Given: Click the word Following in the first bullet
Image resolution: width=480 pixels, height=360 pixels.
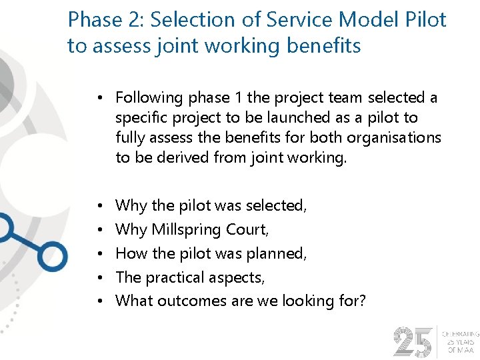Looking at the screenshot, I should click(x=149, y=98).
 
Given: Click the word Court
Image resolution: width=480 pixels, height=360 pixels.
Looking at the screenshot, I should click(x=248, y=230).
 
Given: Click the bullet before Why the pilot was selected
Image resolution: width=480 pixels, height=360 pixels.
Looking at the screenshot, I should click(x=98, y=206).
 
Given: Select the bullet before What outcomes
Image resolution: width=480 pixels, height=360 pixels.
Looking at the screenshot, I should click(x=98, y=301).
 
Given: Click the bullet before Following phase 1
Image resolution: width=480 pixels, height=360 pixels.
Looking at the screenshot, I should click(x=98, y=98).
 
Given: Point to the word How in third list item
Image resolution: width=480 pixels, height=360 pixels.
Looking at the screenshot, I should click(x=131, y=253).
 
